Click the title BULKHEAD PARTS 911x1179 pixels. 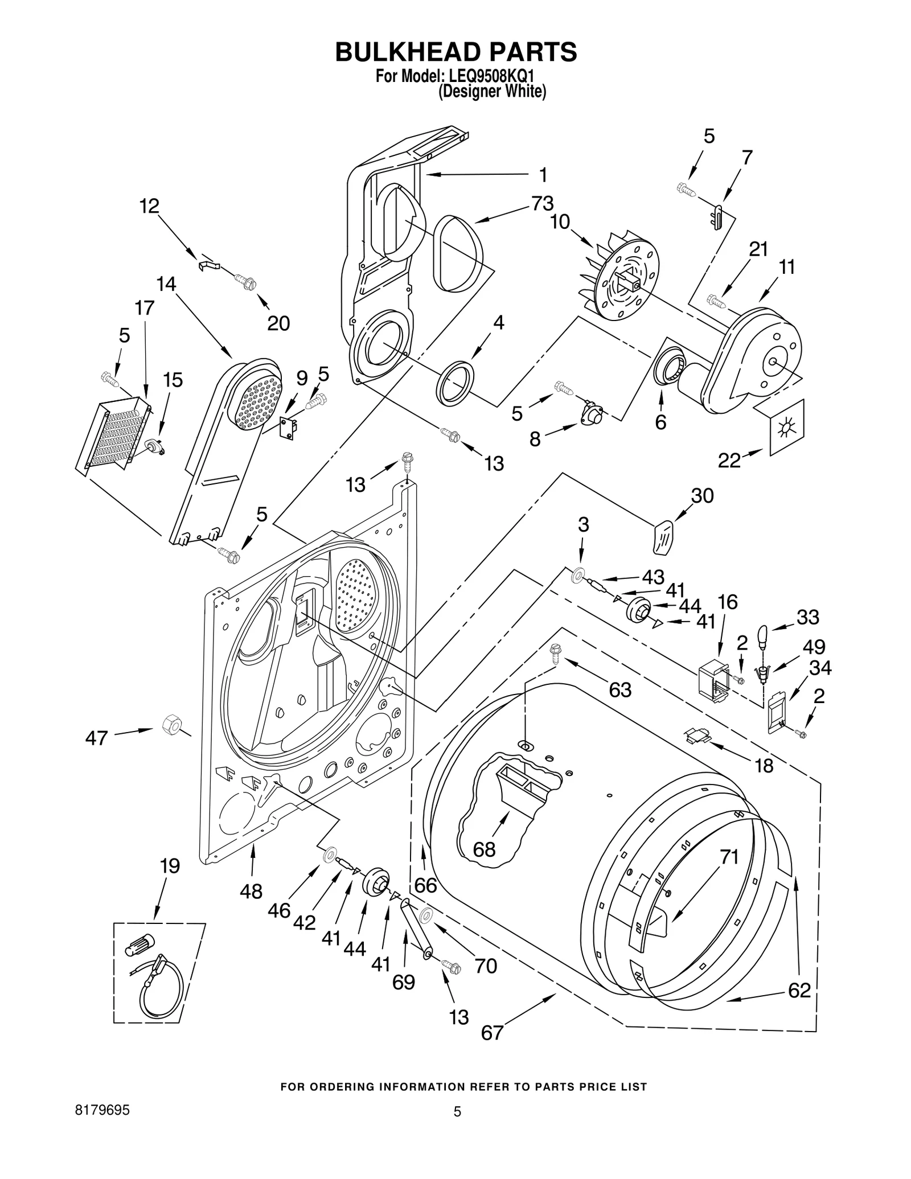point(455,52)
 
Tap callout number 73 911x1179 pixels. point(543,203)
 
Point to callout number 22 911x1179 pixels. point(729,460)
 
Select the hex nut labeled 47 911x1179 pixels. point(170,725)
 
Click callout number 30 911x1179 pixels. point(702,496)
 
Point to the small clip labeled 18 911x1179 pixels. point(698,736)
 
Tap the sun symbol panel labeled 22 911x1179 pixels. point(787,426)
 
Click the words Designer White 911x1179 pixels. point(492,92)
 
